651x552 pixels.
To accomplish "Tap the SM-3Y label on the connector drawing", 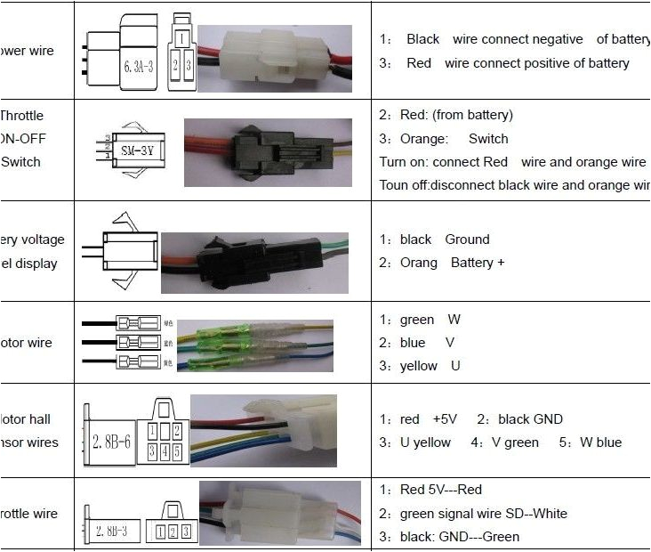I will tap(138, 150).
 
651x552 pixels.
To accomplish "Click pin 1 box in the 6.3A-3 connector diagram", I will tap(181, 38).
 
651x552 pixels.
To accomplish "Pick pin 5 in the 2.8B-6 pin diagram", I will tap(178, 451).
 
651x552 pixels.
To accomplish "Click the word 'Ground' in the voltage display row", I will tap(467, 239).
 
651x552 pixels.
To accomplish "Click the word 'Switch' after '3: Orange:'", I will tap(488, 139).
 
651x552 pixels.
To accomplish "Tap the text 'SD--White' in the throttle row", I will tap(532, 514).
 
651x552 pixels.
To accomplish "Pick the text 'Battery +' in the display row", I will tap(478, 263).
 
